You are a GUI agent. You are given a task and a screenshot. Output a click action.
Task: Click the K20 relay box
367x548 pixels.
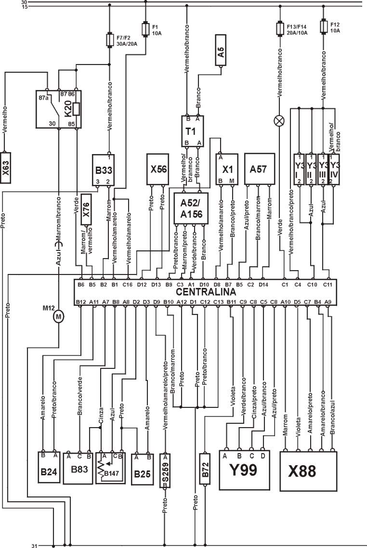pos(58,108)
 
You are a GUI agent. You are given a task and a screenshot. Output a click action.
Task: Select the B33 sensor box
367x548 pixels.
pos(104,170)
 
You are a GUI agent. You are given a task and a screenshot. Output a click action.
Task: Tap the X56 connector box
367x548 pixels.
pos(158,170)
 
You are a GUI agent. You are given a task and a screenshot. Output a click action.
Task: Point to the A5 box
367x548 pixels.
pos(221,50)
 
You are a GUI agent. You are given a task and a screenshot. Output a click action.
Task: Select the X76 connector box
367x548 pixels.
pos(86,209)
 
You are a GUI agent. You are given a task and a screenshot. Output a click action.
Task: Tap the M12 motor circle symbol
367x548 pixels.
pos(59,316)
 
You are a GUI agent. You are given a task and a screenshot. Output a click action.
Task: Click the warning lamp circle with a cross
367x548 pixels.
pos(279,121)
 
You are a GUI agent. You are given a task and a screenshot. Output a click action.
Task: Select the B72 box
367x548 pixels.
pos(205,468)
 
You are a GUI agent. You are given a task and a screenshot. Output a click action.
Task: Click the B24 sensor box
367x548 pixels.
pos(50,468)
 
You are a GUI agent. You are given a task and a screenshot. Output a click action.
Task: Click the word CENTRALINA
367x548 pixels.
pos(206,292)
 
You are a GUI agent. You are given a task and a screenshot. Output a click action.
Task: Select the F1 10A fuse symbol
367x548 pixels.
pos(145,28)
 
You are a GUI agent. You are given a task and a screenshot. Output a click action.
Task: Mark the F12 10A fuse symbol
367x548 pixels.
pos(324,26)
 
